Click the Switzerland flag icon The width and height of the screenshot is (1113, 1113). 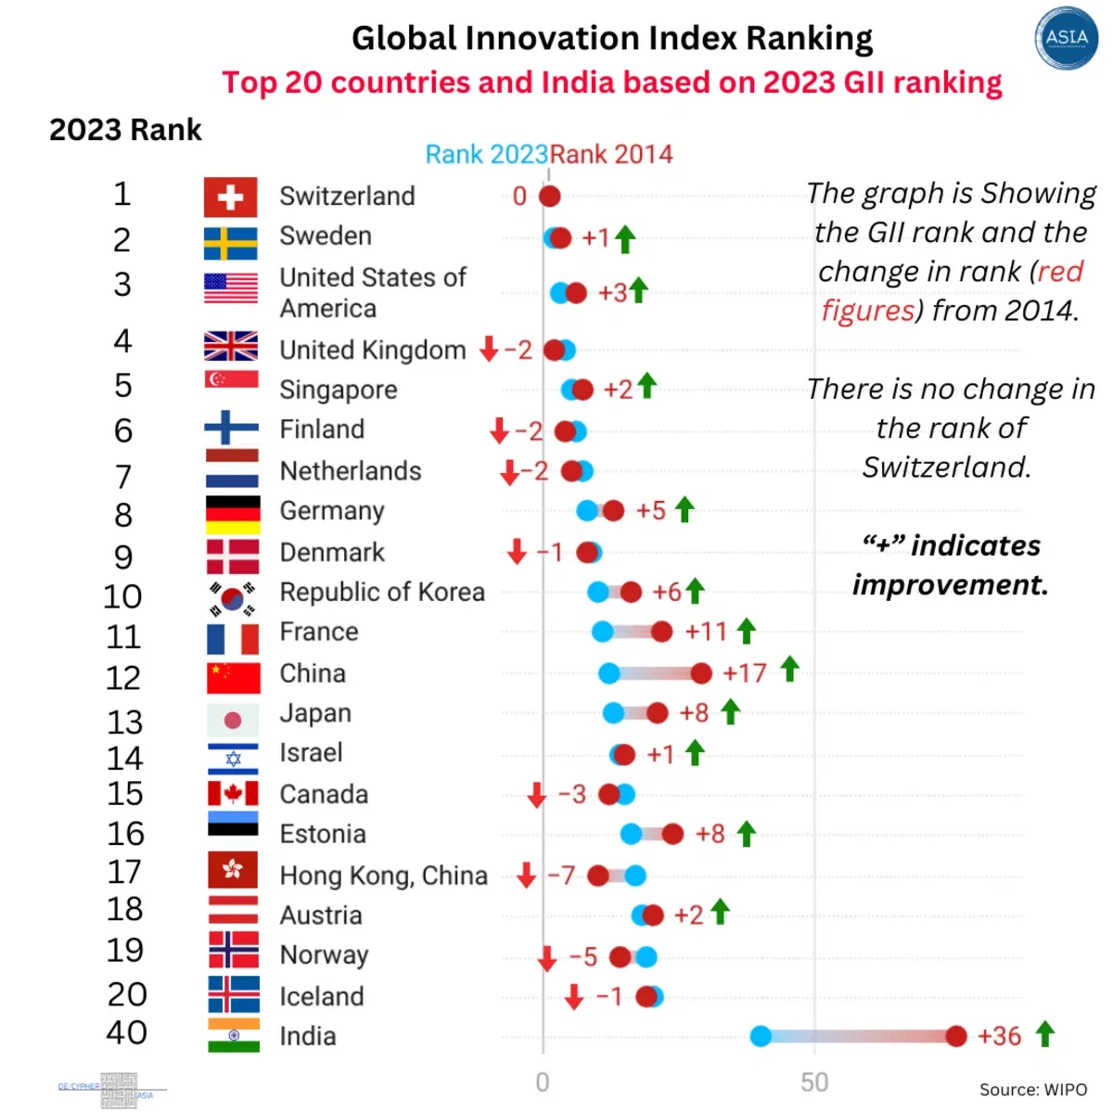(230, 197)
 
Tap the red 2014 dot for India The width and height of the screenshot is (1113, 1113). (956, 1036)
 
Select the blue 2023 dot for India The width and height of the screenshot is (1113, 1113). (761, 1036)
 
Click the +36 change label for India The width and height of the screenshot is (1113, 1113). (999, 1036)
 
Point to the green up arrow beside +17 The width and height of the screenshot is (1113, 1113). (789, 669)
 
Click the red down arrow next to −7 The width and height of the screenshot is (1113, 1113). (526, 875)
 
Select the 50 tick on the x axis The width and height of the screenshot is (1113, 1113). (814, 1082)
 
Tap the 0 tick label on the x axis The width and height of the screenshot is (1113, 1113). (543, 1082)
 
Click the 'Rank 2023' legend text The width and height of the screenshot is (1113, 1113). (486, 154)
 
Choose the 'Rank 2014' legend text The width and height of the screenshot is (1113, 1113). (612, 154)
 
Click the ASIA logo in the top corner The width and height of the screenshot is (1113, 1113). (1066, 38)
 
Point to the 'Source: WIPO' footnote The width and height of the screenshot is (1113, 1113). (1033, 1090)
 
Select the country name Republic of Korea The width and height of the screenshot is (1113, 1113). (382, 592)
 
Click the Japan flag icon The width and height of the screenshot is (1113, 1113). (233, 720)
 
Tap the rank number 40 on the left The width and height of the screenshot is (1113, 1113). (126, 1032)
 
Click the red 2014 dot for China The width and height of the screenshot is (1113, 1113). (701, 673)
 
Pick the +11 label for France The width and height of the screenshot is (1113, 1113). (706, 632)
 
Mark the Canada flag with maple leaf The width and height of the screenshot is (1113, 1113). (233, 793)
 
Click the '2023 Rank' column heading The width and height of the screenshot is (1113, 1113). (125, 130)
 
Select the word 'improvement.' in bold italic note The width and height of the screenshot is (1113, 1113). (950, 584)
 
